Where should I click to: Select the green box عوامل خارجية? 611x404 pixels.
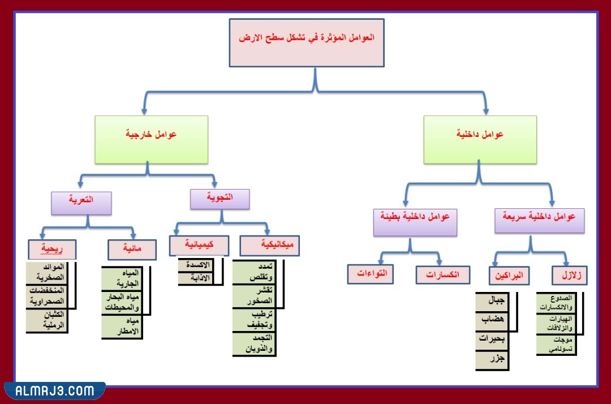click(151, 140)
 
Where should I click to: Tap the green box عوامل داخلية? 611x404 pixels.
click(480, 140)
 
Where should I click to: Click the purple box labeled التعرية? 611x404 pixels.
click(81, 203)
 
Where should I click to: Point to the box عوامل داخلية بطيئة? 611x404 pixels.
click(415, 222)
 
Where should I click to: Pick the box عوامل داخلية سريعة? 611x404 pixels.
click(539, 221)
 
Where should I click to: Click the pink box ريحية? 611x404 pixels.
click(52, 250)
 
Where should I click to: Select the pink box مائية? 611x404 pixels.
click(132, 250)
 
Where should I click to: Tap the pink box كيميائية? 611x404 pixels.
click(199, 246)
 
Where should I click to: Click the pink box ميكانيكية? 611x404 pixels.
click(269, 246)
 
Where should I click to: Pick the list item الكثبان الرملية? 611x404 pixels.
click(48, 320)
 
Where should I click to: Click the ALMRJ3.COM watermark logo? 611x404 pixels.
click(54, 391)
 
